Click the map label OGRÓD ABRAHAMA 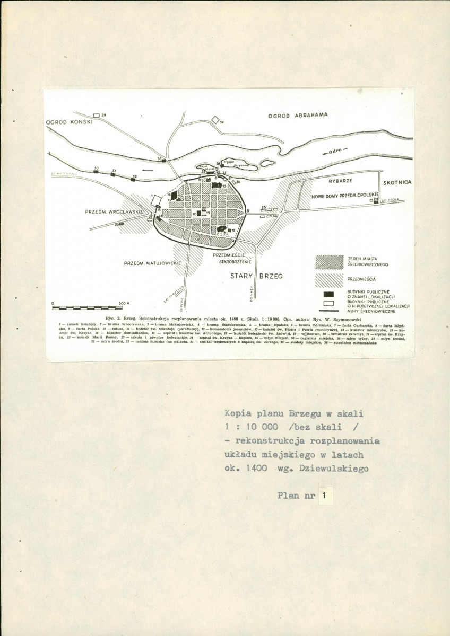click(x=298, y=114)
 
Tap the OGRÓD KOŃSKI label click(x=69, y=121)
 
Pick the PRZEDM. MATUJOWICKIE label click(x=153, y=263)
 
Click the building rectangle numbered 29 click(x=96, y=115)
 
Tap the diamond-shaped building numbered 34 click(x=215, y=120)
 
